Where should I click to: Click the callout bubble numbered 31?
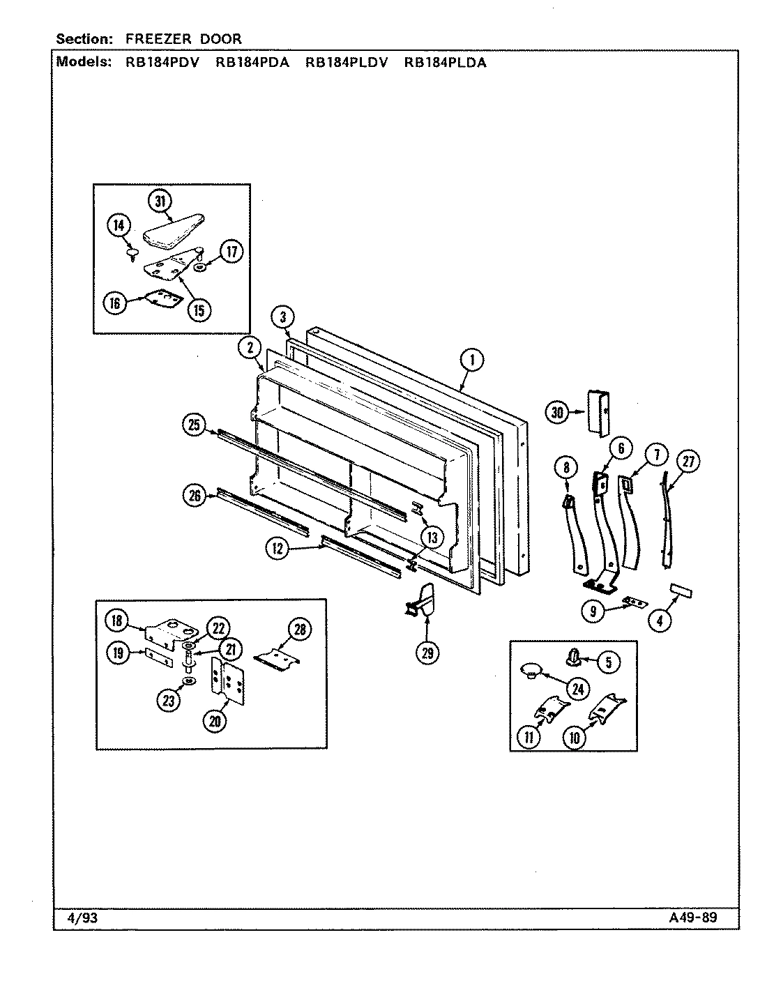tap(160, 201)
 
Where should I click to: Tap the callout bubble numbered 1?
tap(472, 360)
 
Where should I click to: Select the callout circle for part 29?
tap(427, 653)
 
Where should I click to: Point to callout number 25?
tap(193, 424)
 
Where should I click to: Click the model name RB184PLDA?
tap(445, 61)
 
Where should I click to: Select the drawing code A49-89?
tap(688, 918)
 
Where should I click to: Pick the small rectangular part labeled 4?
tap(681, 591)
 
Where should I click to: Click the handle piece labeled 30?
tap(599, 413)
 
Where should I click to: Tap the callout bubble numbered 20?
tap(215, 722)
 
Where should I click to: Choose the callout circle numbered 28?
tap(298, 630)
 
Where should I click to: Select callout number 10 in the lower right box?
tap(574, 738)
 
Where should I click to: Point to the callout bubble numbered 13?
tap(432, 537)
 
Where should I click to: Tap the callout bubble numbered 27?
tap(688, 461)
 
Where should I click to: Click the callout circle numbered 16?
tap(115, 303)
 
